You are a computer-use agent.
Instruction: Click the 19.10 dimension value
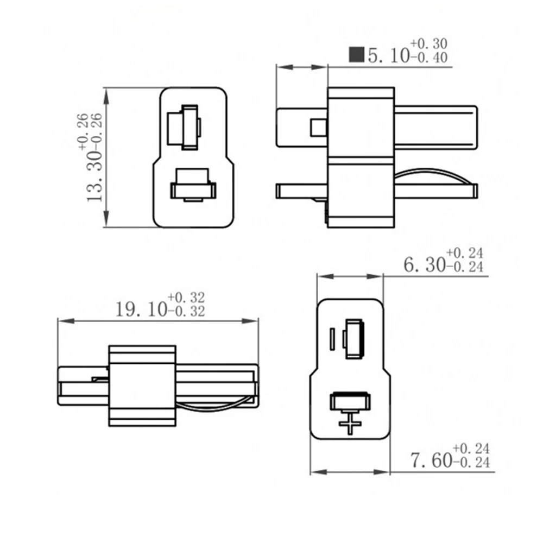click(140, 310)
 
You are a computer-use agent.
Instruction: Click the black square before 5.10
click(357, 55)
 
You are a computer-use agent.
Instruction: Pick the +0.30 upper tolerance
click(429, 43)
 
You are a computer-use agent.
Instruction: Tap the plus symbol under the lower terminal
click(351, 422)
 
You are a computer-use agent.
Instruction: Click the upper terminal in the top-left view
click(184, 127)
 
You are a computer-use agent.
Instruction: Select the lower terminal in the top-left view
click(193, 186)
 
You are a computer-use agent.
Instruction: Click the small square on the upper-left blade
click(317, 127)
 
